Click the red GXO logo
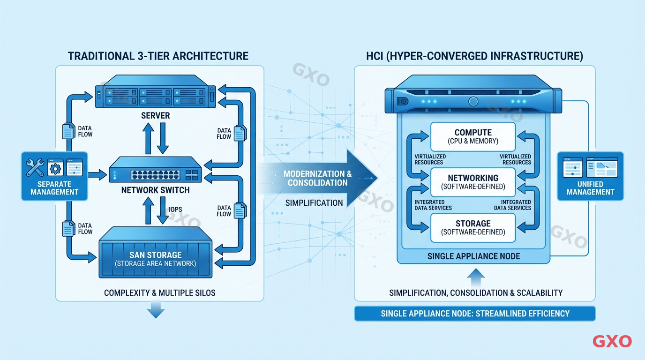point(612,341)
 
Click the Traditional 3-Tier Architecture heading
point(158,56)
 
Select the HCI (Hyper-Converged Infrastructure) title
point(474,56)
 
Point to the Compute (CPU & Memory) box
point(473,136)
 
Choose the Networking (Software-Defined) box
point(473,182)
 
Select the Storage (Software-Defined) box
point(473,227)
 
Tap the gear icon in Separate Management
point(55,168)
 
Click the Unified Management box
point(590,176)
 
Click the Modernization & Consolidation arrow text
point(317,178)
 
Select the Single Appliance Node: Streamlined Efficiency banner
point(475,314)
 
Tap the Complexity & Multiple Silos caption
point(159,293)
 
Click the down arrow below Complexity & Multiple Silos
point(155,310)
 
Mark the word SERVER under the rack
point(155,115)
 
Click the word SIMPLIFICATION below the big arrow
point(314,203)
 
